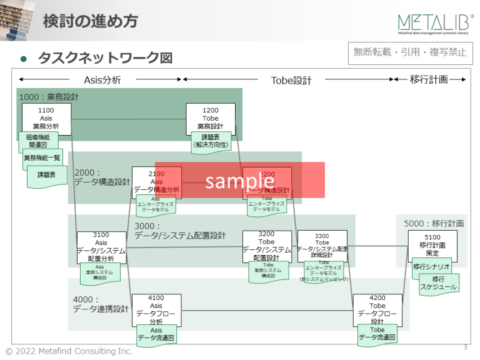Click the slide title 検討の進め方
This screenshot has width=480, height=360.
[x=90, y=21]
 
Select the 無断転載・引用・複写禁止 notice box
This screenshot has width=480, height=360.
[x=410, y=52]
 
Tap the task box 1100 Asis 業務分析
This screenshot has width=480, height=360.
[x=46, y=119]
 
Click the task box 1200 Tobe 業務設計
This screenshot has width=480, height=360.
[x=211, y=119]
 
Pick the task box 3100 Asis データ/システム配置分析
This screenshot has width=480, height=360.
[x=101, y=246]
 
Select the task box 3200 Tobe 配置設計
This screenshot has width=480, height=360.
[x=267, y=246]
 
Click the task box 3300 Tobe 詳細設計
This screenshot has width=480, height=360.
[x=322, y=246]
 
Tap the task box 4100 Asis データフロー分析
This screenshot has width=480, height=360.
[x=156, y=309]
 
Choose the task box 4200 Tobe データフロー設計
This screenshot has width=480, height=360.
[x=377, y=309]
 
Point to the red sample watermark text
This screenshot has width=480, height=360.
[x=240, y=180]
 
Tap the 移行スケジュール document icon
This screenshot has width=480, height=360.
[x=438, y=284]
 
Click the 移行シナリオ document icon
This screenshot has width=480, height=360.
[x=431, y=267]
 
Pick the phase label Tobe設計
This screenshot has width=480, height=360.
[x=291, y=80]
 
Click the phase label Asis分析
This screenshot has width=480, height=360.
[x=102, y=80]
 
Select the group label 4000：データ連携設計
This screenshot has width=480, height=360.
[x=101, y=304]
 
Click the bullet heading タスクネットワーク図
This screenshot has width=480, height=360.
[x=104, y=58]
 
